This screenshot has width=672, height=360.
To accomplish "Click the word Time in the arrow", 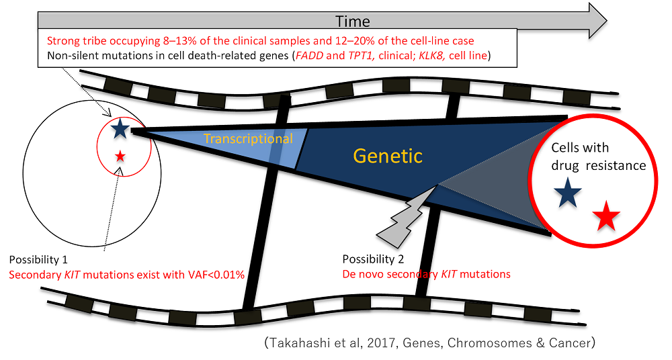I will point(352,21).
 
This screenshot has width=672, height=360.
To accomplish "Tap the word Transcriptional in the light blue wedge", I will point(248,139).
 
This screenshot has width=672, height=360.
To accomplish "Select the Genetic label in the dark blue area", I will point(389,156).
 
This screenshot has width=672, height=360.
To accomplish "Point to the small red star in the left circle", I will point(120,156).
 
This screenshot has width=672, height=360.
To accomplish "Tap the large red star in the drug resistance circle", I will point(607,216).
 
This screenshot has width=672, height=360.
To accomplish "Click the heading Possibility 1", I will point(38,259).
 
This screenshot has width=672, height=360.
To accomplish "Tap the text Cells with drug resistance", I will point(595,156).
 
